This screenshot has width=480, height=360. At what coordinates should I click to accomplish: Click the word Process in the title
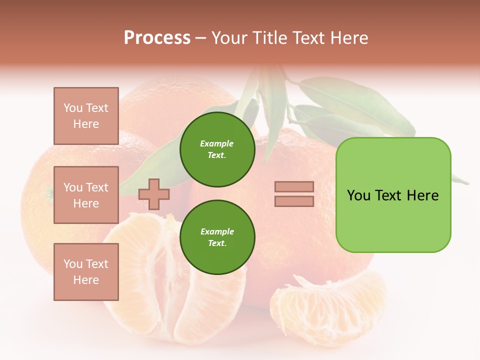coord(157,38)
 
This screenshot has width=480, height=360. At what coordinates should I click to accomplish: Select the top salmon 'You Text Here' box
coord(86,116)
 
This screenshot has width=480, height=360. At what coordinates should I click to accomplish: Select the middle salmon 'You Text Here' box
coord(86,195)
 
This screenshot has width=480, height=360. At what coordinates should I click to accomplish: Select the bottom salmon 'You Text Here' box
coord(86,272)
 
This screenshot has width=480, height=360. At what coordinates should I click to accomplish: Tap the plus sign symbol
coord(154,194)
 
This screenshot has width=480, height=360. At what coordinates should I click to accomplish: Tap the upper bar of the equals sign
coord(294,187)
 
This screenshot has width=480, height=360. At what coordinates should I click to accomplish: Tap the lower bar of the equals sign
coord(294,201)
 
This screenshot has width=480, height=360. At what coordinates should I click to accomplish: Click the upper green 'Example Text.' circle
coord(217,149)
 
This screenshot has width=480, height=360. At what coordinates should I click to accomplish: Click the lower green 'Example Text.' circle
coord(217,237)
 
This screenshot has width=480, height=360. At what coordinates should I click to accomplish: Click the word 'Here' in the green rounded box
coord(422,195)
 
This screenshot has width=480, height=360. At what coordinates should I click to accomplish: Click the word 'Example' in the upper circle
coord(217,144)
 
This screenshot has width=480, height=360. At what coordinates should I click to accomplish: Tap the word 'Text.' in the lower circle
coord(217,243)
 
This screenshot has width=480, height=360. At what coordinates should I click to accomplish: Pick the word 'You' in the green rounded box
coord(359,195)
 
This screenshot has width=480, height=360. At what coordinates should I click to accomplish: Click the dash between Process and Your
coord(201,38)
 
